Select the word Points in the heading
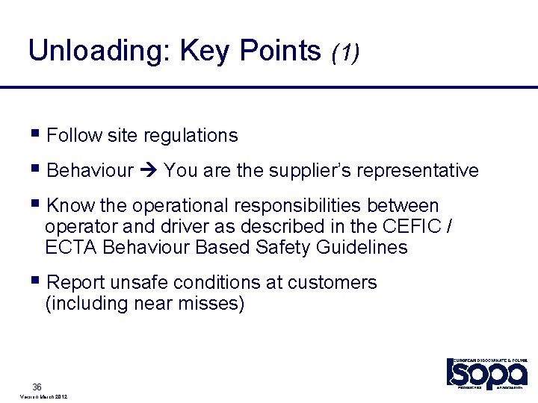(x=280, y=51)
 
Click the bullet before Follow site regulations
(x=37, y=134)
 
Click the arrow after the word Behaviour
(x=148, y=171)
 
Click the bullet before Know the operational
(x=37, y=204)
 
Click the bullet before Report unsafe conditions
(x=37, y=282)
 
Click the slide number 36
(x=37, y=387)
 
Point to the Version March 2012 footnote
(x=41, y=398)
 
